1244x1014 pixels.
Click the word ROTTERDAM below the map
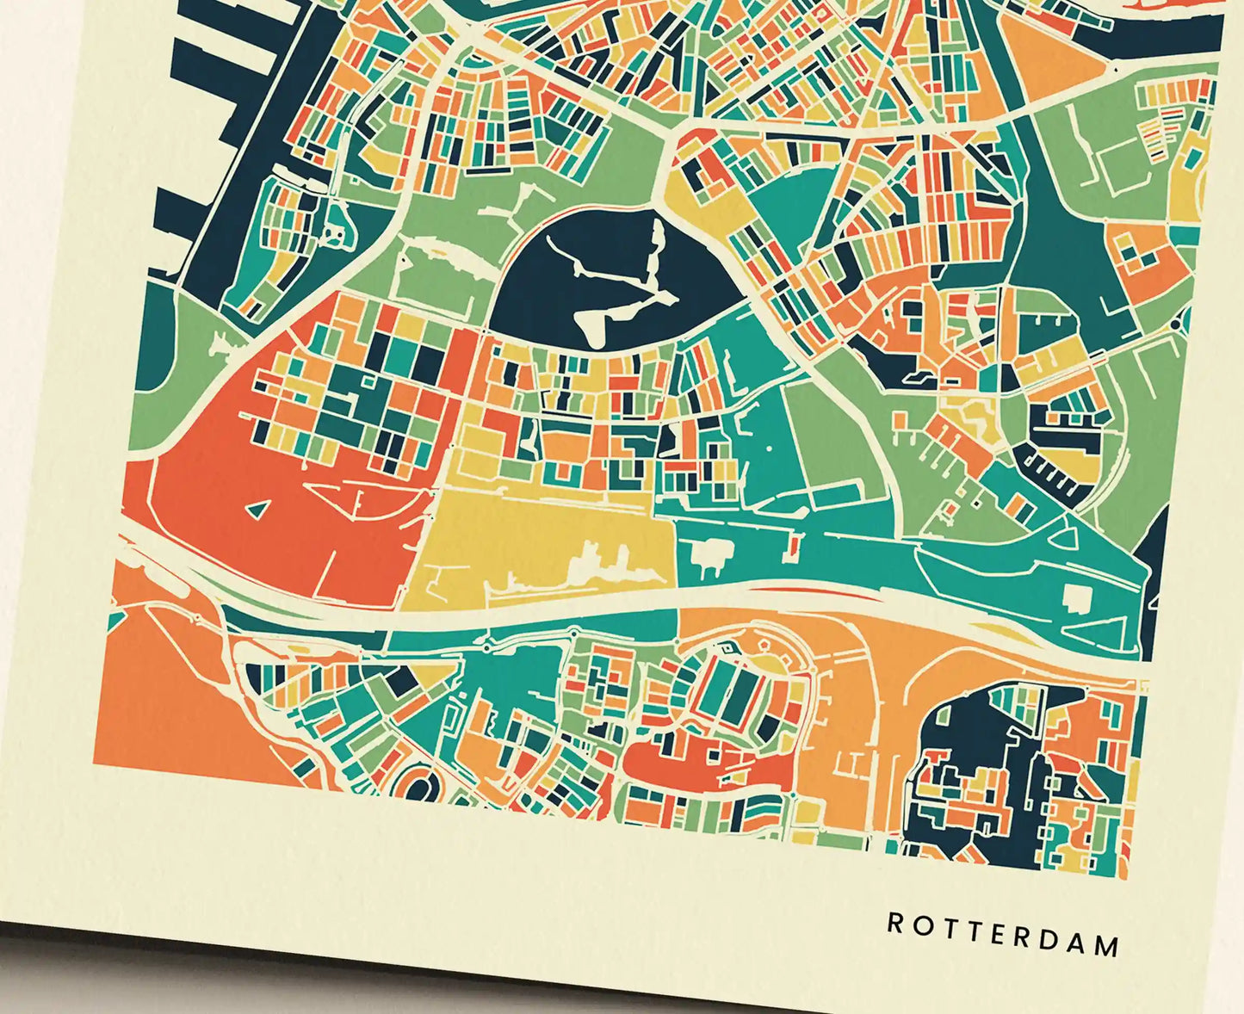click(x=1004, y=934)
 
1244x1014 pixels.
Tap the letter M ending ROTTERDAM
click(x=1107, y=947)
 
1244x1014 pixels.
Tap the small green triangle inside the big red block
click(x=254, y=510)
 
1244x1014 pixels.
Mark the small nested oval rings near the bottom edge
click(x=419, y=785)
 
